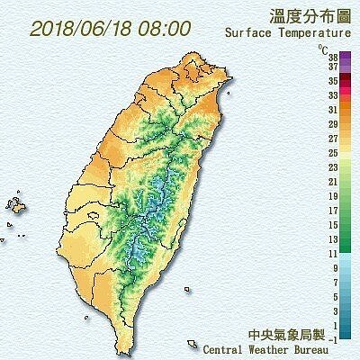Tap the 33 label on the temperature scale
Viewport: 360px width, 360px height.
[x=332, y=94]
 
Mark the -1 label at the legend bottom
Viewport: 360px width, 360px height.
[x=333, y=338]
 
